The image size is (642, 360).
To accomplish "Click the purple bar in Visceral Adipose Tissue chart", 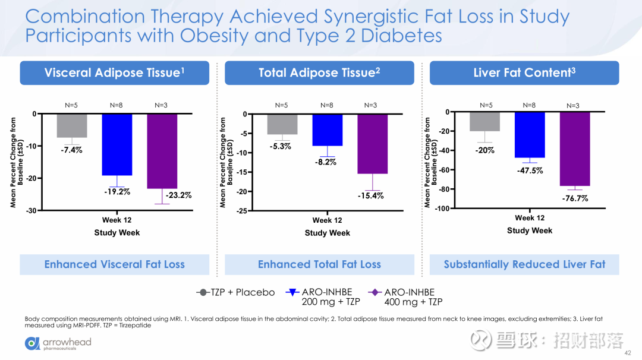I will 162,151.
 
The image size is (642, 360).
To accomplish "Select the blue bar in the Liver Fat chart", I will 530,135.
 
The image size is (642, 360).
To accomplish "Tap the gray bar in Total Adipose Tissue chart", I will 282,124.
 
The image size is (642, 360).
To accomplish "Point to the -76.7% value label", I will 575,198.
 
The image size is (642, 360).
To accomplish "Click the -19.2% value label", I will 117,191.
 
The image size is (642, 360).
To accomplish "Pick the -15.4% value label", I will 370,195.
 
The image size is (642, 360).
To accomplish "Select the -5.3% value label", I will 280,146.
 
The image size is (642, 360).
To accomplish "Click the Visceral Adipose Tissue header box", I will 115,73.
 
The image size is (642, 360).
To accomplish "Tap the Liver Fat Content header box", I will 524,73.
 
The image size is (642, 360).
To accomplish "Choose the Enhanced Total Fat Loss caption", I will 319,264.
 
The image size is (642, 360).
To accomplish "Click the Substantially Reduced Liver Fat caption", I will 524,264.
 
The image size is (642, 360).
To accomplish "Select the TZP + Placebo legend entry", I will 236,292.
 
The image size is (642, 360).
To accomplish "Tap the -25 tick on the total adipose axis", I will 242,211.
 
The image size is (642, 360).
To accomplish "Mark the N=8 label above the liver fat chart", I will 529,105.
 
